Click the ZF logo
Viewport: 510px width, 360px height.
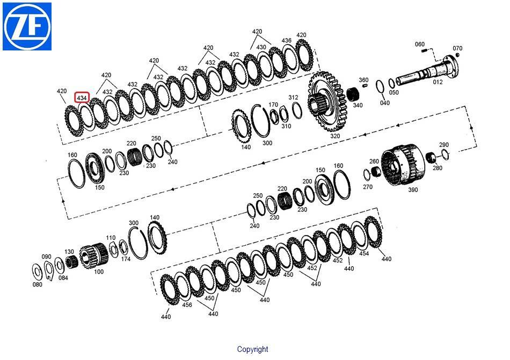(27, 26)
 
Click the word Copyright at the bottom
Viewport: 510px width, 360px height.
(252, 349)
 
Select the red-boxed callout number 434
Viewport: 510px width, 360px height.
(82, 98)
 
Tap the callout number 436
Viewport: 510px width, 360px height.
(286, 41)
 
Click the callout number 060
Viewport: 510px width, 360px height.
(420, 44)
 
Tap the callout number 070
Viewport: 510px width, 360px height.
(457, 48)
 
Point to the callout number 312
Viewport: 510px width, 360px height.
(293, 98)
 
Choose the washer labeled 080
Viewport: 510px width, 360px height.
(37, 271)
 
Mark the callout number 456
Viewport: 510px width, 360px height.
(187, 305)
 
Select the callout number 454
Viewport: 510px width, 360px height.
(364, 253)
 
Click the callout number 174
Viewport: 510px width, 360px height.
(126, 259)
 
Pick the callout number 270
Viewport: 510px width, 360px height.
(368, 187)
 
